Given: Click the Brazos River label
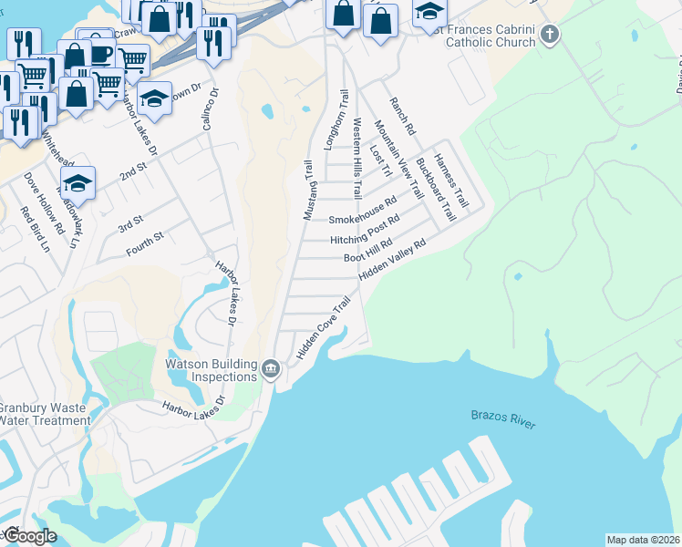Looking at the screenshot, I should [x=503, y=419].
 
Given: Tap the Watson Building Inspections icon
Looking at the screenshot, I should [x=271, y=369].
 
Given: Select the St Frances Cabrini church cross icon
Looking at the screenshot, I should [x=549, y=36].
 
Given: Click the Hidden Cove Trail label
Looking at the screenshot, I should [x=323, y=327].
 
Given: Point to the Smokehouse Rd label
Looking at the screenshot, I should [x=363, y=212].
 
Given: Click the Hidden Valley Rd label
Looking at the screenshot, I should [x=393, y=259].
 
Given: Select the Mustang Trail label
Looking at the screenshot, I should [x=308, y=191].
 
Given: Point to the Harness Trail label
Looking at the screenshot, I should [x=450, y=180].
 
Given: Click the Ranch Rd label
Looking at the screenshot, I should [x=402, y=118].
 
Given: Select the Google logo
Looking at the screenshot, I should [x=29, y=535].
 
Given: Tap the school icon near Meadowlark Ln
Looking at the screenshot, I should [x=78, y=181].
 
